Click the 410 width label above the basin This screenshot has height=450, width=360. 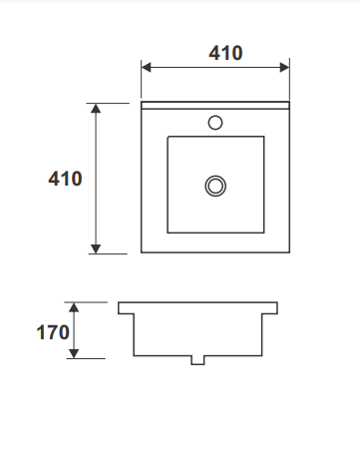pos(225,53)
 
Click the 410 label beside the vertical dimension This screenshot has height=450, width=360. pos(65,179)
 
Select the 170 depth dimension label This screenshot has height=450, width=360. pos(53,332)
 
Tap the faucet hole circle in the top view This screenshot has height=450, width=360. pos(215,123)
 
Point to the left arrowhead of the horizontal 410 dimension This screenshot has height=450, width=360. pos(146,67)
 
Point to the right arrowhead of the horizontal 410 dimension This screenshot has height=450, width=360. pos(284,67)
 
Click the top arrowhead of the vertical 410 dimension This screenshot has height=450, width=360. pos(96,109)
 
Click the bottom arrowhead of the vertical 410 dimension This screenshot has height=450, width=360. pos(96,248)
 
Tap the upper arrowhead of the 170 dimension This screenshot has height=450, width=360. pos(74,307)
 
